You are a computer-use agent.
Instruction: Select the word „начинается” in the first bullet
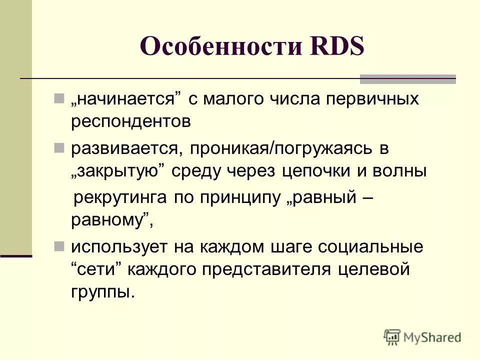pos(125,99)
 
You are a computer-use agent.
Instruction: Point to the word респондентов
pos(131,122)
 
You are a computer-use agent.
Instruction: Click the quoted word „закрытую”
pos(118,171)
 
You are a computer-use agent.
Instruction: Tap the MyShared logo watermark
pos(422,336)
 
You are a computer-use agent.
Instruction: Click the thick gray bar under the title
pos(408,78)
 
